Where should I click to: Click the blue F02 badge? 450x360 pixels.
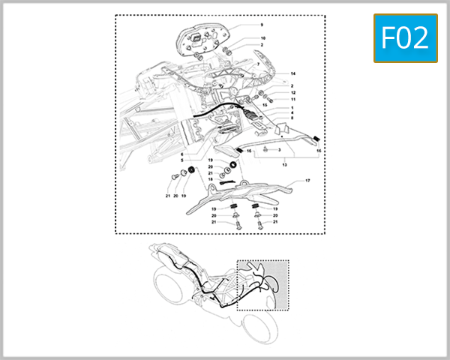pyautogui.click(x=405, y=38)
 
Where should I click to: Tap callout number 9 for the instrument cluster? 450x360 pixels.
pyautogui.click(x=262, y=25)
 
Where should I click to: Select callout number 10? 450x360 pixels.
pyautogui.click(x=262, y=38)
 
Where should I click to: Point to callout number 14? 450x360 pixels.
pyautogui.click(x=293, y=73)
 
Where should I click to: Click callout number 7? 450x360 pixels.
pyautogui.click(x=258, y=65)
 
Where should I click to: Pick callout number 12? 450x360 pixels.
pyautogui.click(x=293, y=93)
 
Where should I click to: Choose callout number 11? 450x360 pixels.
pyautogui.click(x=293, y=100)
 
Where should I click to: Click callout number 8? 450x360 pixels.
pyautogui.click(x=292, y=118)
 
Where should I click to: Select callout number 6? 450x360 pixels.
pyautogui.click(x=181, y=154)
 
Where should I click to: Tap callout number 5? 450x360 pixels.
pyautogui.click(x=181, y=160)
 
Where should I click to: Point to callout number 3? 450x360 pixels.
pyautogui.click(x=279, y=150)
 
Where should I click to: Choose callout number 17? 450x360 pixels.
pyautogui.click(x=307, y=181)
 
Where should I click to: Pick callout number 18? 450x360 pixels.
pyautogui.click(x=211, y=179)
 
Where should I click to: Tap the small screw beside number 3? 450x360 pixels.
pyautogui.click(x=265, y=150)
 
